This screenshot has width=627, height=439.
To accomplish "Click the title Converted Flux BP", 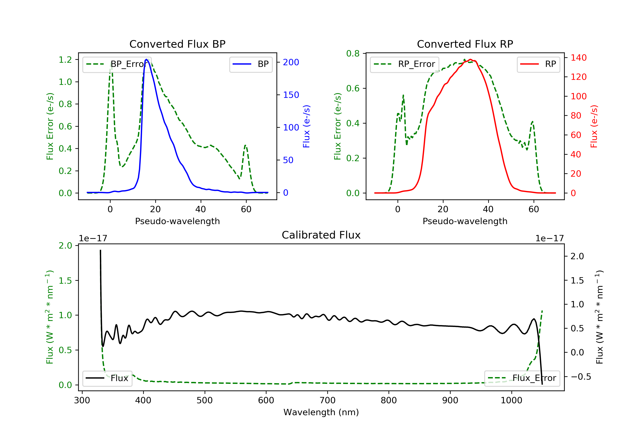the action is coord(177,44).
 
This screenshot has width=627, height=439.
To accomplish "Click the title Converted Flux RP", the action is coord(465,44).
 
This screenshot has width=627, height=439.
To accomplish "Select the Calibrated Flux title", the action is coord(321,235).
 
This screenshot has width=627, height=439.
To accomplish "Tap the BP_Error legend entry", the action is coord(117,64).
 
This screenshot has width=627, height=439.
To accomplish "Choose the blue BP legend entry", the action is coord(251,64).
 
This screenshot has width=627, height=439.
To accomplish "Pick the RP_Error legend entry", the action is coord(404,64).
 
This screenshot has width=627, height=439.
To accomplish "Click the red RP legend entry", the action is coord(538,64).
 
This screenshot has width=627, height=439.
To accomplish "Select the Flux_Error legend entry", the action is coord(522,378).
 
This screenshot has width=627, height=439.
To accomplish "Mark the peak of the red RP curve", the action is coord(470,59).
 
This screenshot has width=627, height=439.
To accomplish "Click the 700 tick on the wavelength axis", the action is coord(328,400).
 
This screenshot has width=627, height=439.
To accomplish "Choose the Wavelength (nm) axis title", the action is coord(321,412).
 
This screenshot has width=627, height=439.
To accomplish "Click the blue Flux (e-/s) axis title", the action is coord(306,126).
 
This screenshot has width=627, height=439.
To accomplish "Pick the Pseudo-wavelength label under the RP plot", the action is coord(465,221).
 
